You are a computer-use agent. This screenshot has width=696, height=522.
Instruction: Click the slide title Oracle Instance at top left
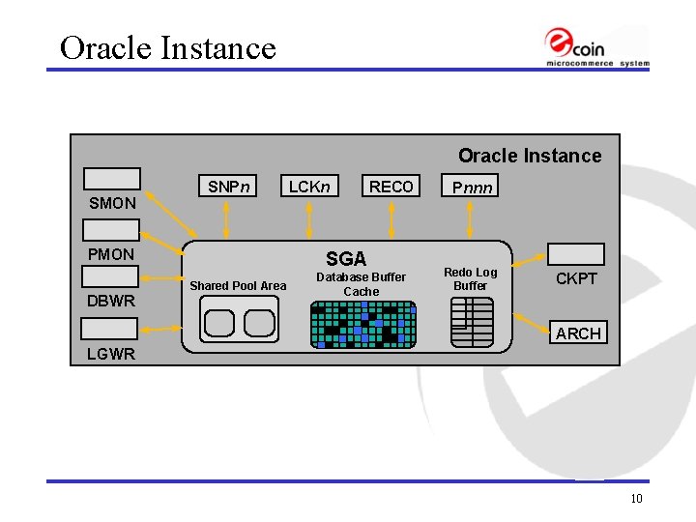168,47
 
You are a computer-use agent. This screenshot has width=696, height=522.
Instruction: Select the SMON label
112,204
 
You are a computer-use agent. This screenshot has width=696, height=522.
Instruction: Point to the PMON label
112,254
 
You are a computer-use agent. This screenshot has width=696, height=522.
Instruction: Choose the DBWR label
111,301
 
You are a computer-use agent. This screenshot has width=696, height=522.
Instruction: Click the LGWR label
110,354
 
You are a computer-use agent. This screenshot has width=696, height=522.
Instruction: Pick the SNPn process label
229,187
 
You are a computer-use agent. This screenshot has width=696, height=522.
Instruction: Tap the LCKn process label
309,187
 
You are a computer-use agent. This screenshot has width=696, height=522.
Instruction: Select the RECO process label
391,187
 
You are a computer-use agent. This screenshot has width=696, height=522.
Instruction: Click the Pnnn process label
468,188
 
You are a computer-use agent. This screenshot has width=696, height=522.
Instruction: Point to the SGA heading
346,258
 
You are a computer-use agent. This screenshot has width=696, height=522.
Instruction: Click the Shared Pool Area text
238,285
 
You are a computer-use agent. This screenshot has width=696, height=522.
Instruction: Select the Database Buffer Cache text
362,284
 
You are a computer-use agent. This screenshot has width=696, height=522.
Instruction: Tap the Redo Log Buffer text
471,278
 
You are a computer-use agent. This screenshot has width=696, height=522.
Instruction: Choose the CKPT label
576,279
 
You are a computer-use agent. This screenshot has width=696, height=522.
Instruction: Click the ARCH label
578,333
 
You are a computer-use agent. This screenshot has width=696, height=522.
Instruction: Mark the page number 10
636,499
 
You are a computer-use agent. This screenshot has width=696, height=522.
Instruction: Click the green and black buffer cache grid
363,324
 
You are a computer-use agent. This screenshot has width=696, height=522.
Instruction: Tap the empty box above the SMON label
112,179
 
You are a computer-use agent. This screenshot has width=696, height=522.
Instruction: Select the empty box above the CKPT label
576,254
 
